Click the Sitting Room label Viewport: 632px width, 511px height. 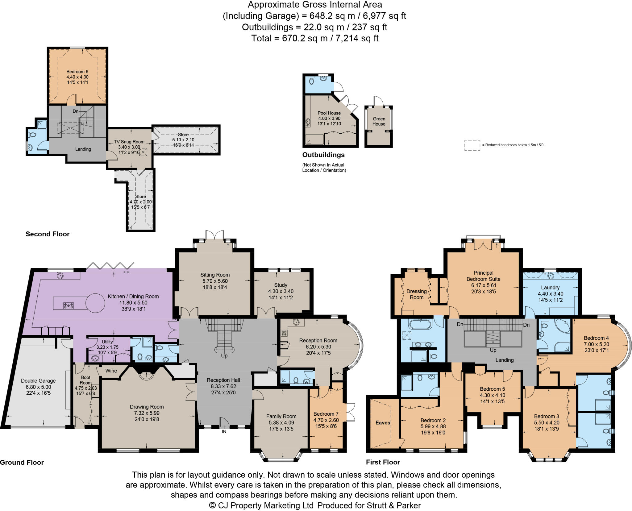[x=215, y=275]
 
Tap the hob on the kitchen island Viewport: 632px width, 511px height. [x=69, y=306]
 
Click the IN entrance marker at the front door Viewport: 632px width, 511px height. [x=224, y=432]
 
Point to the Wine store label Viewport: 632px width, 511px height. [x=111, y=371]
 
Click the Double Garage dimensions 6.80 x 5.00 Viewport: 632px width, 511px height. [x=38, y=387]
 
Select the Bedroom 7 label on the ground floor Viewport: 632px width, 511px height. [x=326, y=414]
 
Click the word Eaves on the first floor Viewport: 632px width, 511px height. [x=383, y=422]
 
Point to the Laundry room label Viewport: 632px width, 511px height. [x=550, y=287]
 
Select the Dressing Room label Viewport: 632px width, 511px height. [x=416, y=294]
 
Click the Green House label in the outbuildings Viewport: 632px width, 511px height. [x=379, y=121]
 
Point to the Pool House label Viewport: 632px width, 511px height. [x=329, y=113]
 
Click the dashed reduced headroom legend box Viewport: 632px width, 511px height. [x=472, y=145]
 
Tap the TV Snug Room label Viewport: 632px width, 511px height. [x=129, y=142]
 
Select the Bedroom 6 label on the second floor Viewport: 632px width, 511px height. [x=77, y=72]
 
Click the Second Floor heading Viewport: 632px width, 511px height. [x=48, y=234]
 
